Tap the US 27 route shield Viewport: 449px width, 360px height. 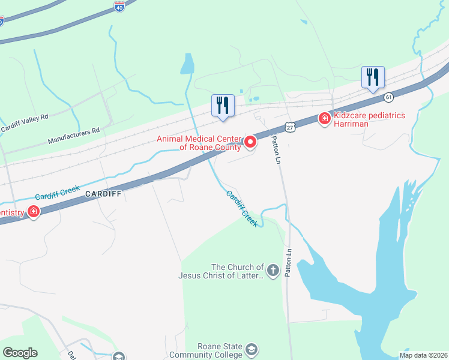click(x=291, y=128)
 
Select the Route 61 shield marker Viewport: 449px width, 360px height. click(x=389, y=97)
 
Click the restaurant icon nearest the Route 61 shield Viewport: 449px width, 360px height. click(x=373, y=77)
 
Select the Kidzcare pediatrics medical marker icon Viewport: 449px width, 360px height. click(x=324, y=119)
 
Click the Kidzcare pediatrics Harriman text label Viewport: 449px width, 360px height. click(x=369, y=119)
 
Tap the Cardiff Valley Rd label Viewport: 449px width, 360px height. click(x=23, y=122)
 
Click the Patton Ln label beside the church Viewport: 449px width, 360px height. click(x=289, y=263)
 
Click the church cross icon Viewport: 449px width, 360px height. click(x=273, y=271)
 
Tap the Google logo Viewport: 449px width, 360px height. click(x=20, y=353)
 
